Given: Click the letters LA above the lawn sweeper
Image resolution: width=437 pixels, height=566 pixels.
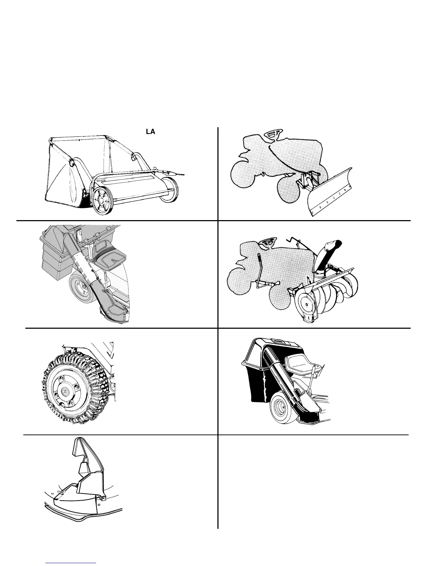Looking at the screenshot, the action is (x=150, y=131).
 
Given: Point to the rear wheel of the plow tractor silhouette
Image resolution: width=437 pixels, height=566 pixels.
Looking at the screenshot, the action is (x=246, y=175).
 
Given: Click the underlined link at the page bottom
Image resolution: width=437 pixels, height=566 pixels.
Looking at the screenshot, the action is (x=71, y=563).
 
